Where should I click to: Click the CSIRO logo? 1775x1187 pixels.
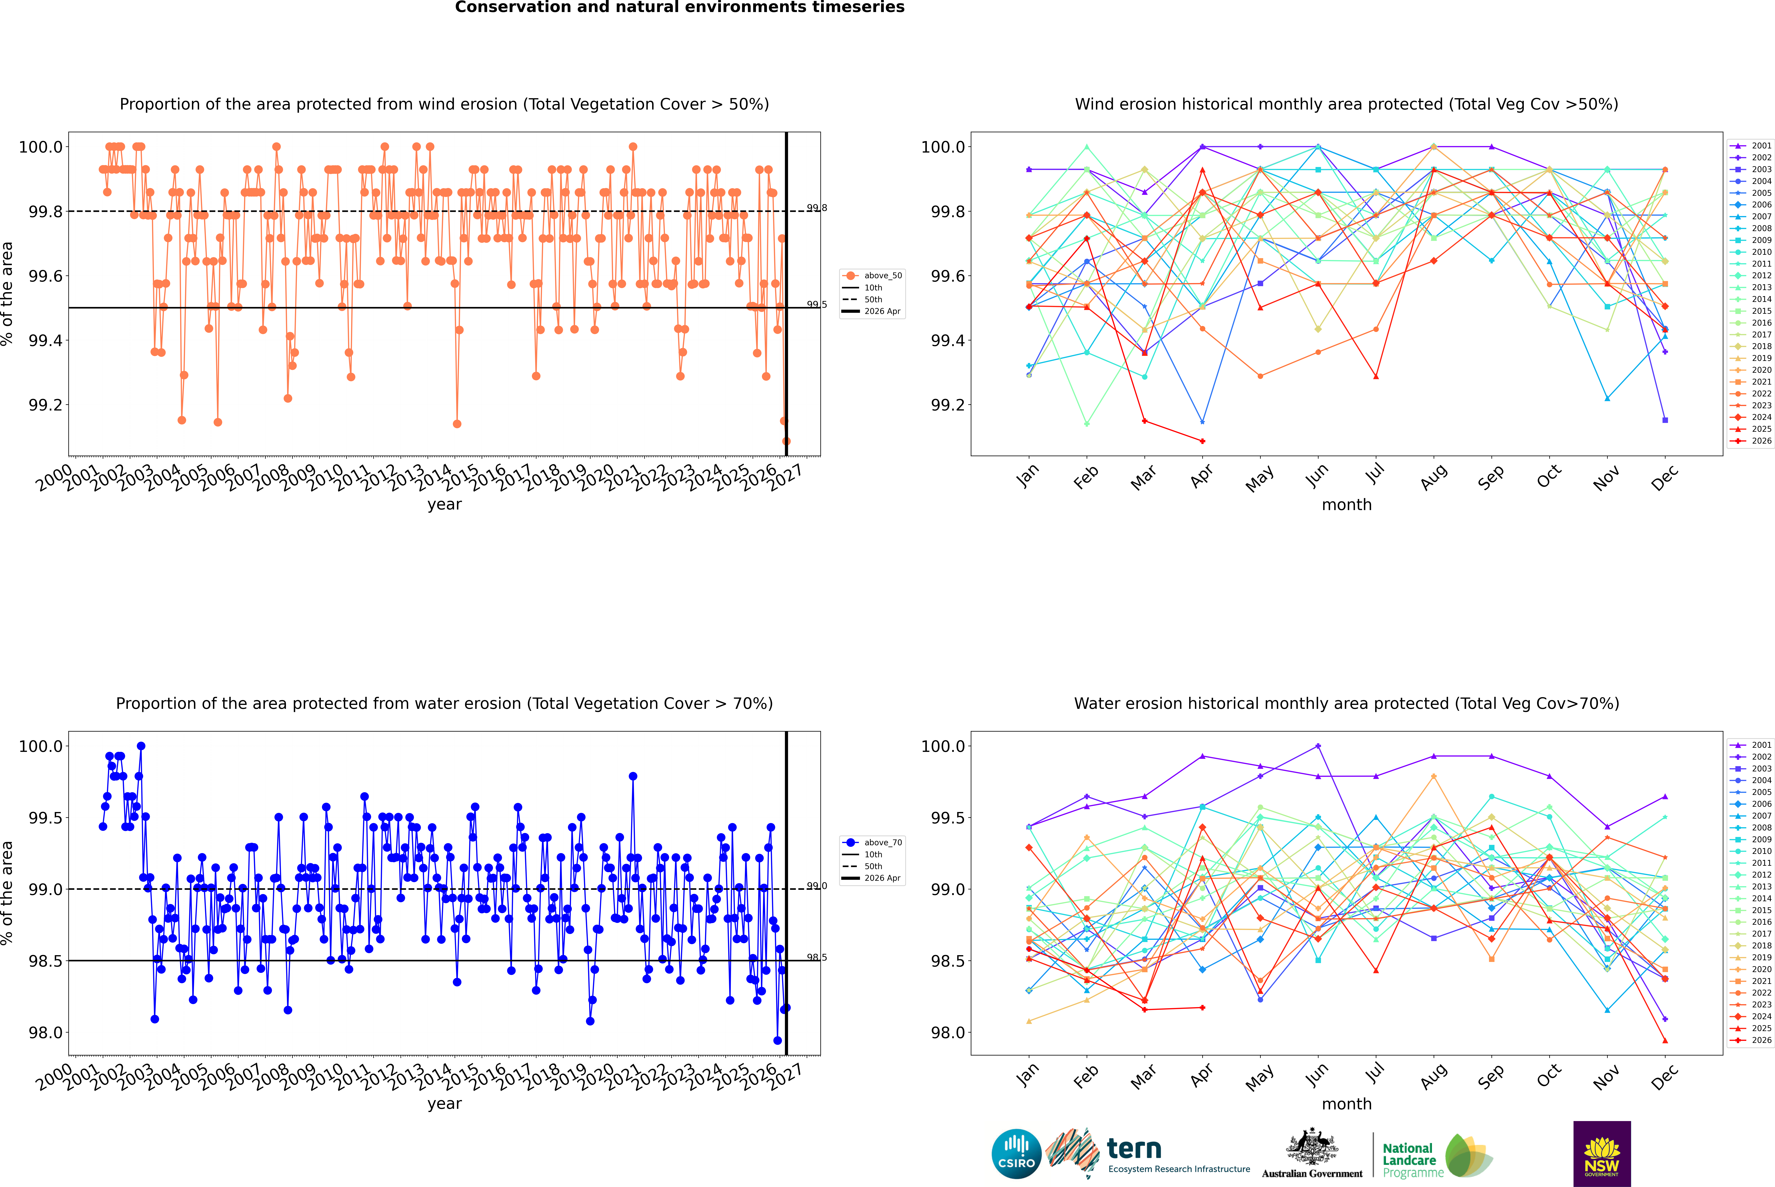pos(1016,1154)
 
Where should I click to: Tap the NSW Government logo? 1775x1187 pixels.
pos(1602,1154)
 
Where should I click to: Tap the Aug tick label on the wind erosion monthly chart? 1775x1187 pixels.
pos(1434,477)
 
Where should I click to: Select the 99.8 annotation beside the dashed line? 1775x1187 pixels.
pos(816,208)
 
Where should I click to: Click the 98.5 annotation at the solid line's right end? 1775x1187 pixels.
pos(816,958)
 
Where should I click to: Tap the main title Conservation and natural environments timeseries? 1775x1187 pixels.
pos(679,8)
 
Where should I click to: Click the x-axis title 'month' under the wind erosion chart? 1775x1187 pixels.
pos(1347,505)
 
